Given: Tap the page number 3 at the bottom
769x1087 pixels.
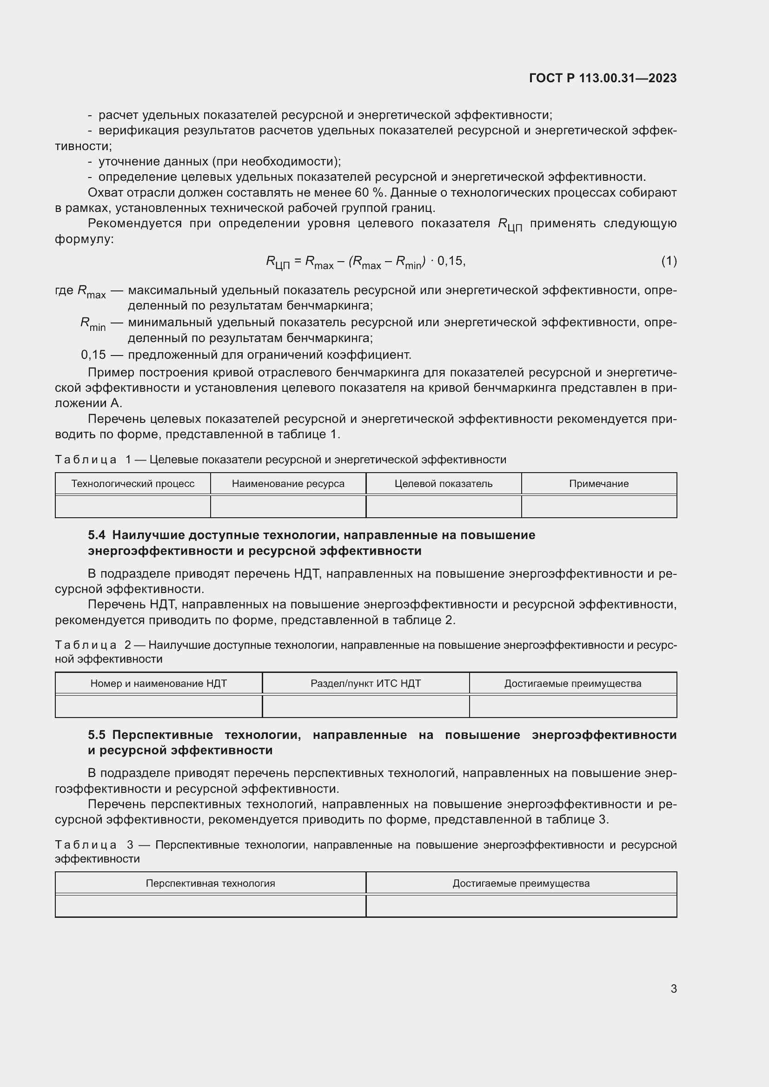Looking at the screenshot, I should pos(673,988).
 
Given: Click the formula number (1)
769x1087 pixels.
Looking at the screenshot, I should pos(669,261).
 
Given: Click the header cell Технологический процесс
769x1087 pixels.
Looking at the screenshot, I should pos(133,484).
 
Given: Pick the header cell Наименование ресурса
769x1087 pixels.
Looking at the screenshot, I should pos(288,484).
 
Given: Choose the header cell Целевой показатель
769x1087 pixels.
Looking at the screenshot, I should pos(443,484).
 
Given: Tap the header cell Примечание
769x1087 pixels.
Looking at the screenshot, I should pos(598,484).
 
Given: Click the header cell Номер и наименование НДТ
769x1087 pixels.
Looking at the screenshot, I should pos(159,684).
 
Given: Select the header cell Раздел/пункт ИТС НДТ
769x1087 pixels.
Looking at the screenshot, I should pos(365,684).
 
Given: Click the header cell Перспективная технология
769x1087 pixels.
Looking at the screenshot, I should pos(210,883).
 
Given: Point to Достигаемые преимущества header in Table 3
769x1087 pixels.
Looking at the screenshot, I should pos(521,883).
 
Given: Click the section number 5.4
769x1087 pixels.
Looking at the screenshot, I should pos(97,535).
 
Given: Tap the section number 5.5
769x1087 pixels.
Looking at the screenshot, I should pos(97,735).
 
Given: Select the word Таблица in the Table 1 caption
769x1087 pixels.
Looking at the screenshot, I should pos(86,460).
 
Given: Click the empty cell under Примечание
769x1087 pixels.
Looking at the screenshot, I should pos(598,507).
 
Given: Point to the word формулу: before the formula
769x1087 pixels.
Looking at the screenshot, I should pos(84,239).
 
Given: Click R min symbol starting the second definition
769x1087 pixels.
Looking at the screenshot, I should pos(93,324).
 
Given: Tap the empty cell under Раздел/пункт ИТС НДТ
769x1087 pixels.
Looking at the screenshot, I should pos(365,706).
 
